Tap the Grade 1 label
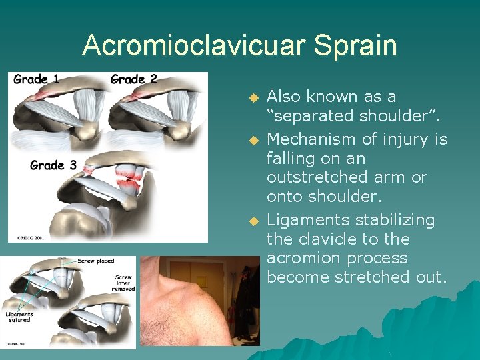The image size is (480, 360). coord(36,79)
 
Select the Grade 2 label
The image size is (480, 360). coord(133,79)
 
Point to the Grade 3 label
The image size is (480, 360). coord(53,165)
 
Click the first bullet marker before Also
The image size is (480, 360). coord(253,97)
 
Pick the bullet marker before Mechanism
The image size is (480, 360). coord(253,140)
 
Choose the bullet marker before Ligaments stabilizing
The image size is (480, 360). coord(253,220)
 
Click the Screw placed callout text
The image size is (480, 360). coord(96,261)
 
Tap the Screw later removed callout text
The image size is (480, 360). coord(124,283)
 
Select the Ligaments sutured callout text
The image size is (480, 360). coord(19,317)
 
